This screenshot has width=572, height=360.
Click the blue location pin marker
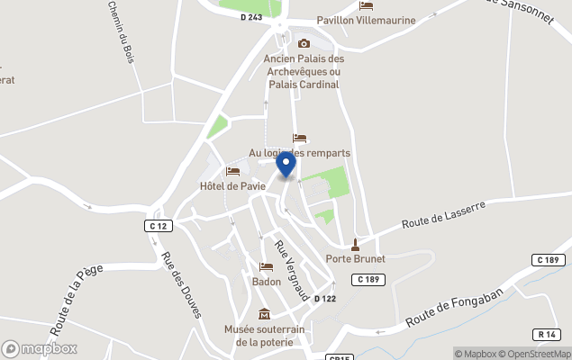(x=286, y=165)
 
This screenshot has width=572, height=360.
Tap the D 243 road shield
(x=251, y=16)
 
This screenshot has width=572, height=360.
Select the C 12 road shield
(x=158, y=226)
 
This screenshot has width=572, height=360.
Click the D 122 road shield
(x=324, y=299)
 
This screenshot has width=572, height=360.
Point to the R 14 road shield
(x=547, y=334)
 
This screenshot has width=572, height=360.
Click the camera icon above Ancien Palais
(x=304, y=43)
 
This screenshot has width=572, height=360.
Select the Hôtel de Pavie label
(x=232, y=186)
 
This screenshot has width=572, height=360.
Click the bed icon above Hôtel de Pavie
(x=232, y=171)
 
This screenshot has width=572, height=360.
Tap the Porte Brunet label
(x=355, y=258)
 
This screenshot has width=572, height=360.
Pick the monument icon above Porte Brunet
(x=355, y=243)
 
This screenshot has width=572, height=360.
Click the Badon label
(x=266, y=281)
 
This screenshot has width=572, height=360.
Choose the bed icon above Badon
(x=266, y=266)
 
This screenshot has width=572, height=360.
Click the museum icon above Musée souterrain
(x=264, y=314)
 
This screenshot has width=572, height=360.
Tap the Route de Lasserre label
(x=443, y=214)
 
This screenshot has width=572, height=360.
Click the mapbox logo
(x=40, y=348)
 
